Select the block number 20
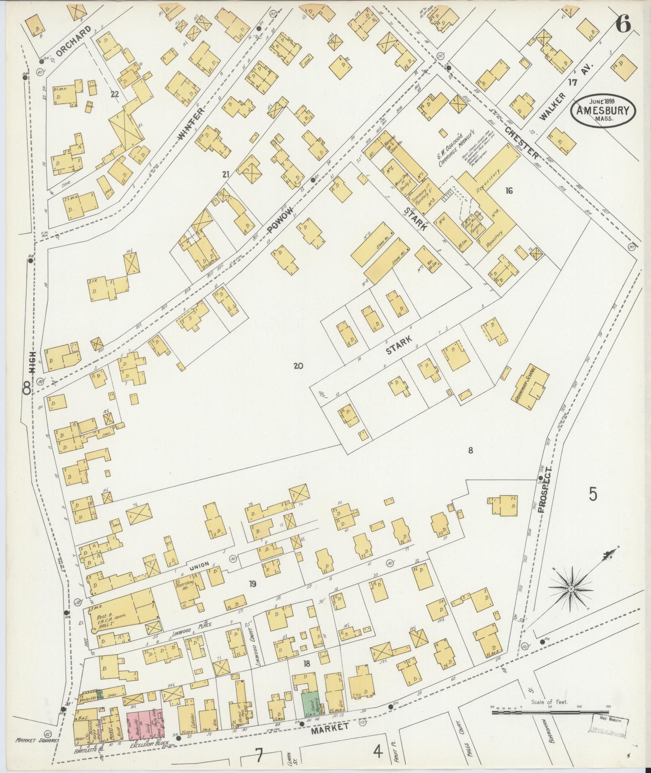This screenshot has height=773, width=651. point(298,366)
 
